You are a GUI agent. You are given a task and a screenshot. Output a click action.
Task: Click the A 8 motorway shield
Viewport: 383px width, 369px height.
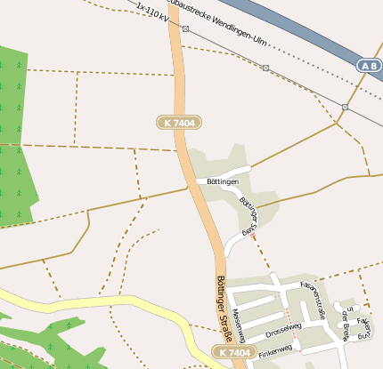pyautogui.click(x=370, y=66)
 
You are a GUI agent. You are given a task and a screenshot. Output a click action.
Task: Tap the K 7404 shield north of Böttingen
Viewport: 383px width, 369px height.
pyautogui.click(x=178, y=122)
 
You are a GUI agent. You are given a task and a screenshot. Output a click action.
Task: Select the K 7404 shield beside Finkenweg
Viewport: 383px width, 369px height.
pyautogui.click(x=234, y=353)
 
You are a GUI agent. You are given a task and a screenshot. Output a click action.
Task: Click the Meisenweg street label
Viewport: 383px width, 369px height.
pyautogui.click(x=238, y=324)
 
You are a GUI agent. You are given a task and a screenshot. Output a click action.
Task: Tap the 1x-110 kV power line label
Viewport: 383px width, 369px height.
pyautogui.click(x=152, y=13)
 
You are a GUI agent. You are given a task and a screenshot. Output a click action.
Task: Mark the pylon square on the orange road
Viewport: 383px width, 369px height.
pyautogui.click(x=184, y=28)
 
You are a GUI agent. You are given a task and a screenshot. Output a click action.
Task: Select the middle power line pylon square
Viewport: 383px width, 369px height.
pyautogui.click(x=265, y=68)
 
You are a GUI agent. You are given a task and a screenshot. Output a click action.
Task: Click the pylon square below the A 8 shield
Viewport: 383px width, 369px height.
pyautogui.click(x=345, y=107)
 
